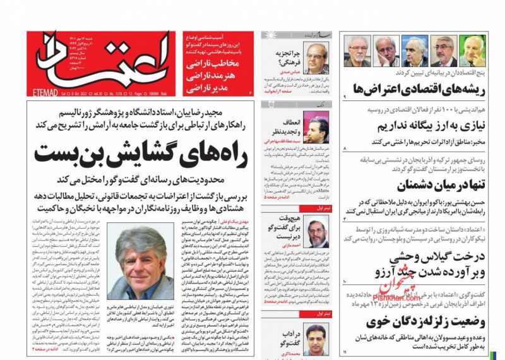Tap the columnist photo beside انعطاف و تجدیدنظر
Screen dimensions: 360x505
315,127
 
